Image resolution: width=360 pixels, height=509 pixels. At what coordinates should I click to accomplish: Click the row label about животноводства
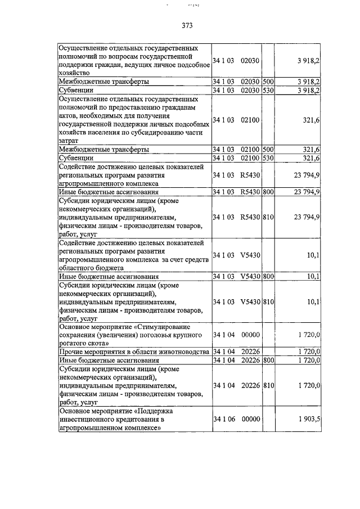coord(134,352)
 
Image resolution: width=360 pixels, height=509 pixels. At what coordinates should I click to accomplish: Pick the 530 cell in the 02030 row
coord(268,90)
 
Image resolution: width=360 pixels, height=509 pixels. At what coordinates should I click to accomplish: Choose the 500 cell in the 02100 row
coord(268,150)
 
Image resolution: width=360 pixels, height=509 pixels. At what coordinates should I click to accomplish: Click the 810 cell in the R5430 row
coord(268,217)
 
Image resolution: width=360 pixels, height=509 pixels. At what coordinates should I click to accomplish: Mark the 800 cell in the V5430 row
coord(268,277)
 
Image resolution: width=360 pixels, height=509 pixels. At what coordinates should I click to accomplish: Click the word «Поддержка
coord(164,411)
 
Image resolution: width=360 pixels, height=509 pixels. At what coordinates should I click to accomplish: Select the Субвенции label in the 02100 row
coord(76,158)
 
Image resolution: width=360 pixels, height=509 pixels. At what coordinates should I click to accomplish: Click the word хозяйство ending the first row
coord(74,73)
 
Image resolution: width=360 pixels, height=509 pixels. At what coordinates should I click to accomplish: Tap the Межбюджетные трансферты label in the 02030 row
coord(104,82)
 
